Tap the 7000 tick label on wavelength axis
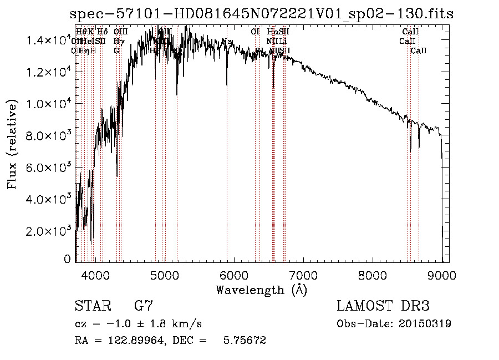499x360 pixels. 303,275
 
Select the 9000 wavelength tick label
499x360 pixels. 442,275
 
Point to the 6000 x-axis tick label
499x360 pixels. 234,275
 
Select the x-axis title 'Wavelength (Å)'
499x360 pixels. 261,290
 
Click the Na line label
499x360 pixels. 226,42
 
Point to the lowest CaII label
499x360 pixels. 419,51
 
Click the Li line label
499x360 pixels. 283,42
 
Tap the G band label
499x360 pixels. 116,51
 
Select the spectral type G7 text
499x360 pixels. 144,306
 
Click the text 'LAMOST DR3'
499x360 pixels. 383,306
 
